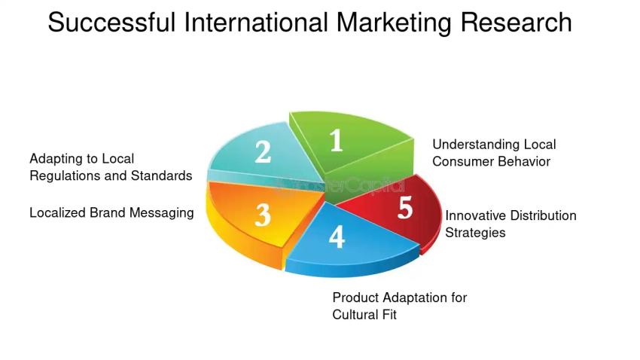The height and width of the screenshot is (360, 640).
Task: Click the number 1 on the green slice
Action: pos(337,140)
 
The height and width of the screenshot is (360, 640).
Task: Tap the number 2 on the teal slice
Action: pos(262,152)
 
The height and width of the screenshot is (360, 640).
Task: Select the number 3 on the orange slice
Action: pos(262,215)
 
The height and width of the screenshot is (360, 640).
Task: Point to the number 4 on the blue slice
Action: pos(337,237)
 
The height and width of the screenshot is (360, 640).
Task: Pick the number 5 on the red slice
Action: pos(405,209)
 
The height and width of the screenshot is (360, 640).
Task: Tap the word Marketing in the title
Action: pos(394,23)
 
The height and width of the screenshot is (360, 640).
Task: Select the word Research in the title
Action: pos(516,23)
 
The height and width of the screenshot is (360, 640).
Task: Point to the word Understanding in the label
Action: pos(475,145)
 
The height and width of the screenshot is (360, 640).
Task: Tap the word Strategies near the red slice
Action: pos(475,233)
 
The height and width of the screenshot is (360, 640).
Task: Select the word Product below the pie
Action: pos(355,297)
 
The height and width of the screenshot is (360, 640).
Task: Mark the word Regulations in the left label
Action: pos(62,176)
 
